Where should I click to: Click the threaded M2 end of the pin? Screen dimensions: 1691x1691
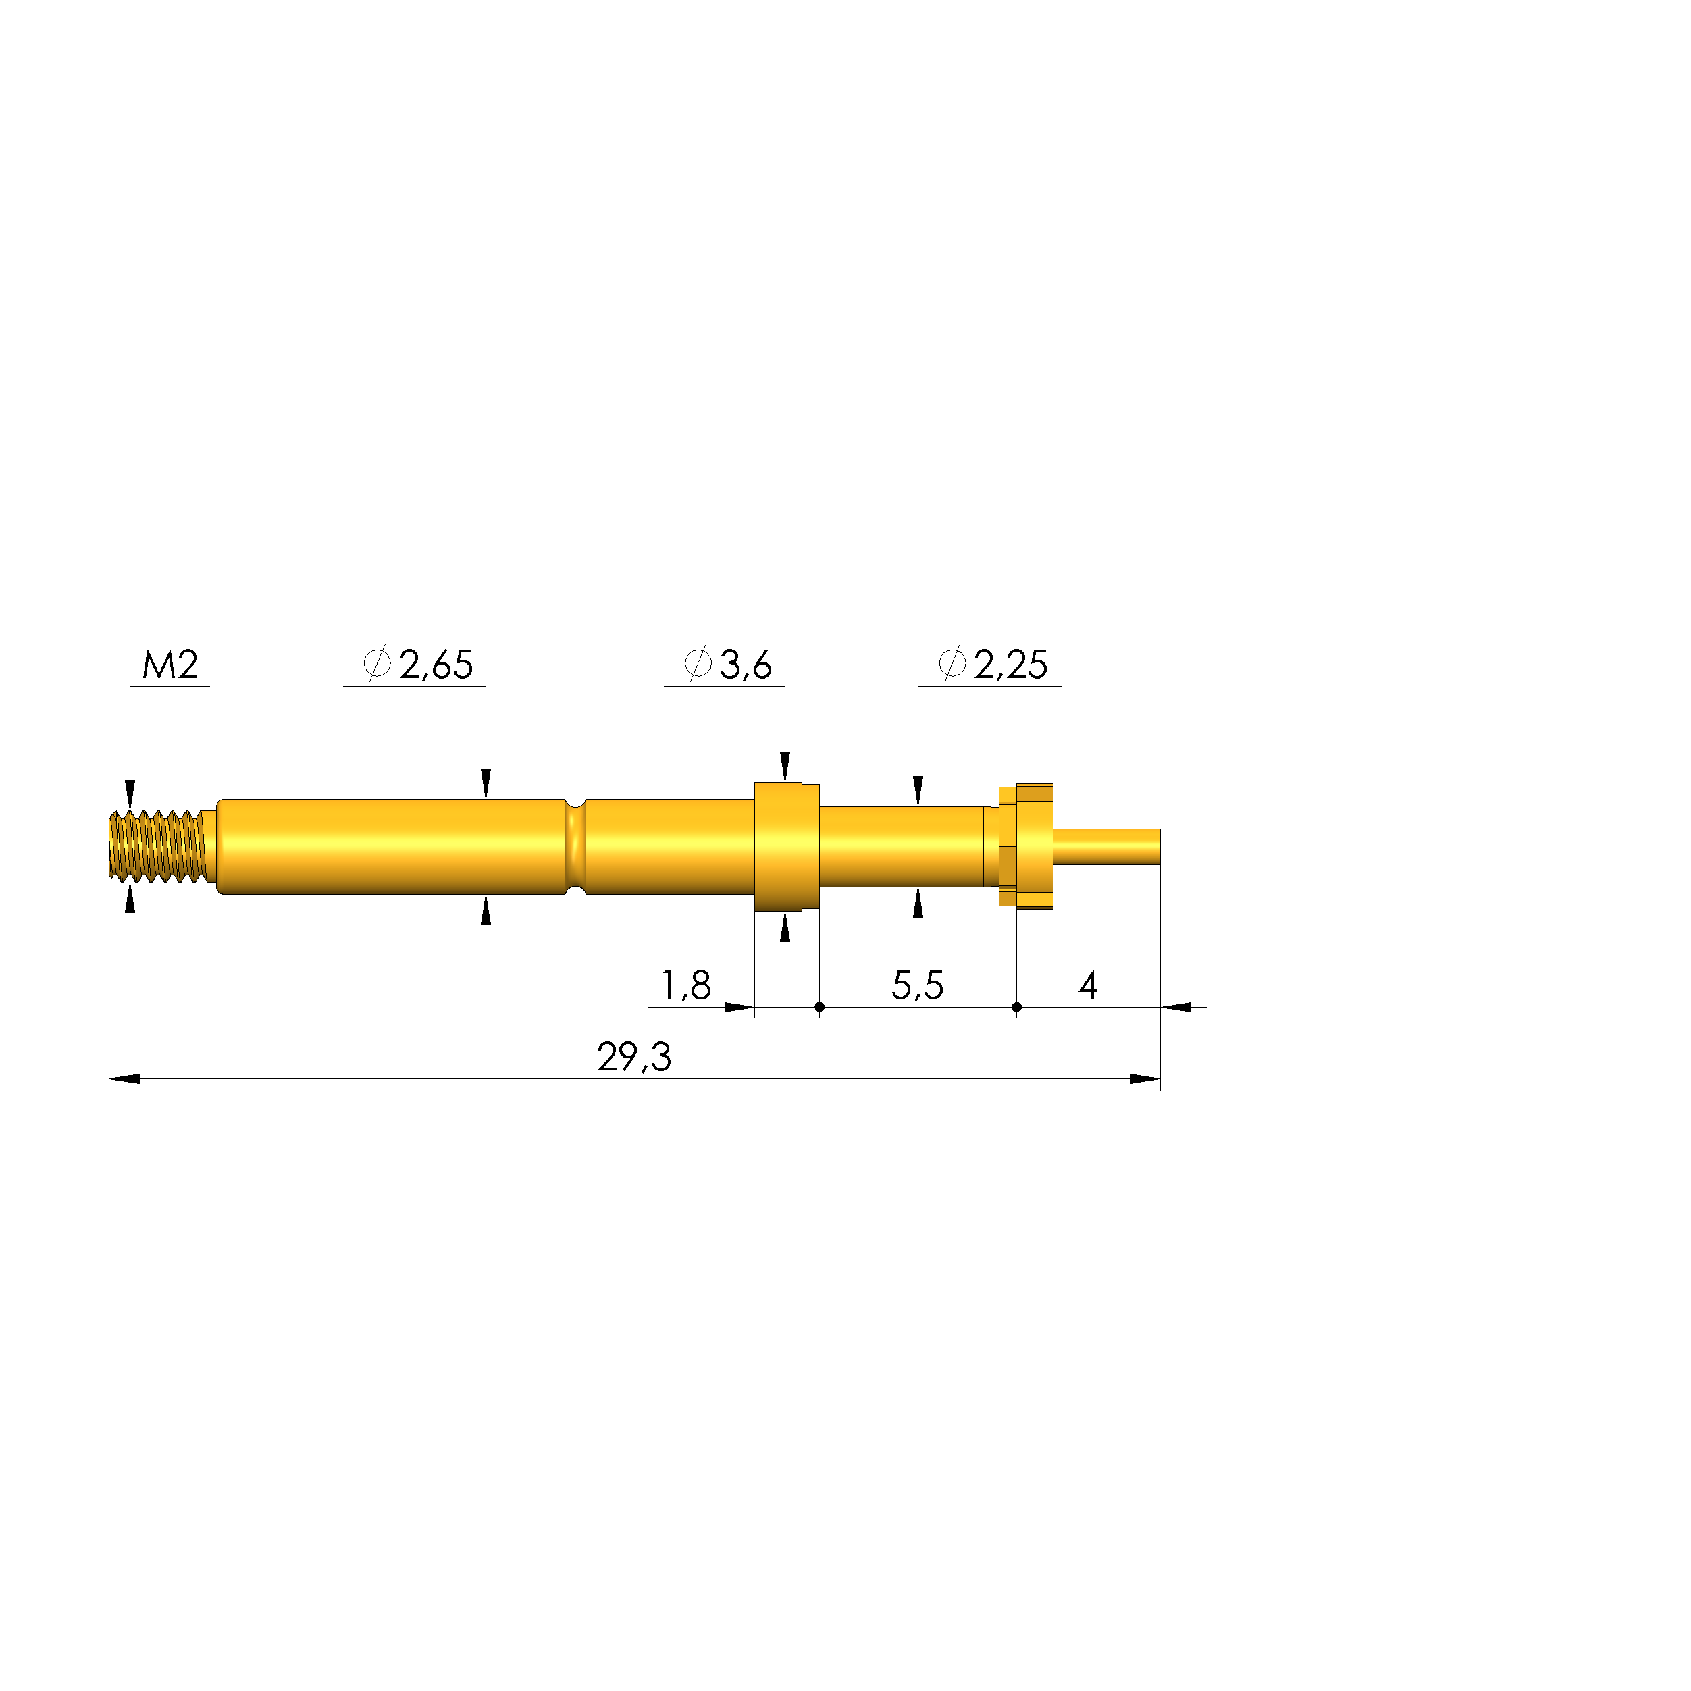pos(157,846)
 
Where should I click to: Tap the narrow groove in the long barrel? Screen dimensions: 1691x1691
pos(575,846)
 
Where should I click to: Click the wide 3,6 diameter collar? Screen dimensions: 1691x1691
pos(786,846)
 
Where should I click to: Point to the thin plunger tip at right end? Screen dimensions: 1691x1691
pos(1108,846)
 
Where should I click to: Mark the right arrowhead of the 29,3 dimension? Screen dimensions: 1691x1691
pos(1145,1079)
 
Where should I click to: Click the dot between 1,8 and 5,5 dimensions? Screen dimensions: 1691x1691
pos(819,1008)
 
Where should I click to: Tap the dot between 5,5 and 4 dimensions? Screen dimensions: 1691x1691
pos(1016,1008)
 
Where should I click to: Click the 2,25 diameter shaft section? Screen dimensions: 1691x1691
pos(902,846)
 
